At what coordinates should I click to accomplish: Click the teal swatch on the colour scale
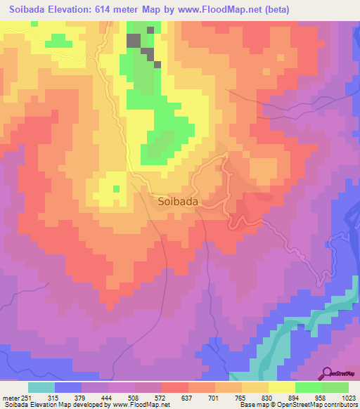[41, 387]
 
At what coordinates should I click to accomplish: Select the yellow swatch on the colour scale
[281, 387]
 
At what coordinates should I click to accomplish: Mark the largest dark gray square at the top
[133, 40]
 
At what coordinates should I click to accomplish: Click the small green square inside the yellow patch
[116, 188]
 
